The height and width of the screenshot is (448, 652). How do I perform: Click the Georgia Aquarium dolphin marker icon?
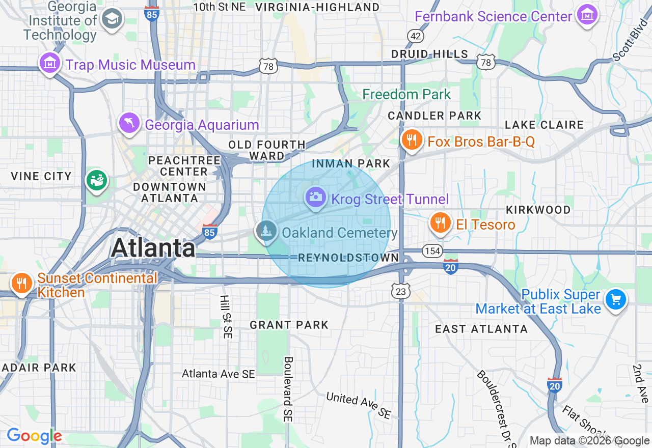tap(129, 123)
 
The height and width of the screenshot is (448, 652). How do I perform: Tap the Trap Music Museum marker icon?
tap(49, 64)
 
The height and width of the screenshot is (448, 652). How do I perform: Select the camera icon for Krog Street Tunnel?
tap(316, 196)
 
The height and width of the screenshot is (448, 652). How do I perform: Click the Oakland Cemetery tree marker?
tap(266, 232)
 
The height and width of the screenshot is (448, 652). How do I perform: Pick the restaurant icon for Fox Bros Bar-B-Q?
tap(412, 139)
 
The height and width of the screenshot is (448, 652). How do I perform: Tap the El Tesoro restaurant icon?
tap(440, 222)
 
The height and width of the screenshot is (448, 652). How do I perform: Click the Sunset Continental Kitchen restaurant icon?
tap(21, 283)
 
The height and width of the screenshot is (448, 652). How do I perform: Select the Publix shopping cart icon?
tap(616, 299)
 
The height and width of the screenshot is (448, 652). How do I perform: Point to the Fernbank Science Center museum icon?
tap(587, 15)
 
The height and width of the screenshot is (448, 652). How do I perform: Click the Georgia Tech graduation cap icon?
tap(111, 20)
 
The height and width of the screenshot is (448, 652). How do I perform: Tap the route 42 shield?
tap(415, 35)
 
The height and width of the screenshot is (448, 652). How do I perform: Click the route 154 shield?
tap(432, 251)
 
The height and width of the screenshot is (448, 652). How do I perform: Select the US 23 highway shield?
tap(401, 291)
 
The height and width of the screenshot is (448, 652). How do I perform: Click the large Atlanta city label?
tap(153, 248)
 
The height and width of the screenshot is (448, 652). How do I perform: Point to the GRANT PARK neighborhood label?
tap(289, 325)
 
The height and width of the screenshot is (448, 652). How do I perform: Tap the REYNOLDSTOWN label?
tap(348, 258)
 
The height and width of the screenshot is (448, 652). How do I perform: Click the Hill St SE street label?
tap(225, 317)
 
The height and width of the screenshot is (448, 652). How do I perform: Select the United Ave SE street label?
tap(359, 405)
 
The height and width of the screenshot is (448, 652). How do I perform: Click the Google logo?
tap(34, 436)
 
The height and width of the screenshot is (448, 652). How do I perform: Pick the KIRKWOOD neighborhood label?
tap(538, 210)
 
